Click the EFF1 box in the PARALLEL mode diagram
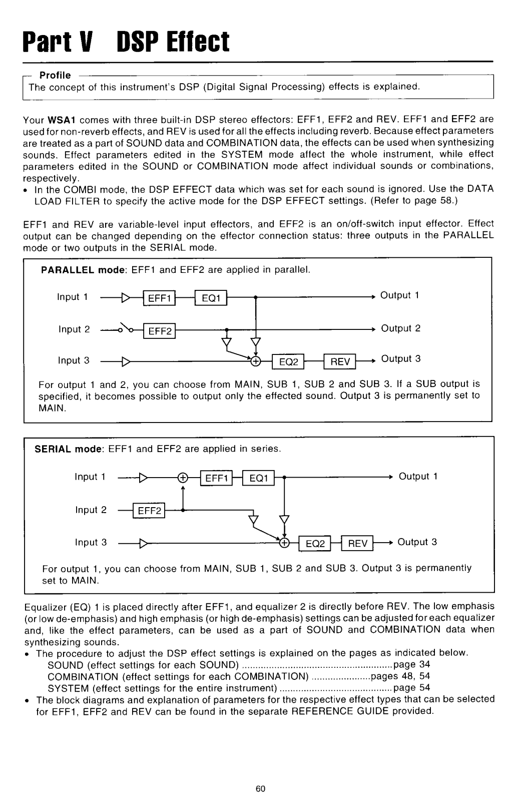(x=160, y=299)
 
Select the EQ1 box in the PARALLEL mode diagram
(x=211, y=299)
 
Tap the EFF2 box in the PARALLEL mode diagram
(x=160, y=331)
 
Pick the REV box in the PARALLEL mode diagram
(x=340, y=361)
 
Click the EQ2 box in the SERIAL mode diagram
(x=315, y=544)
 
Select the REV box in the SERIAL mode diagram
(x=357, y=544)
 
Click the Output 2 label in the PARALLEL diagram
(x=401, y=328)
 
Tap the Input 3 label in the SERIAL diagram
(x=91, y=542)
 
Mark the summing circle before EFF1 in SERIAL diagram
(x=183, y=478)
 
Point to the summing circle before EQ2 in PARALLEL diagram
(x=256, y=360)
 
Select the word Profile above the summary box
(x=55, y=76)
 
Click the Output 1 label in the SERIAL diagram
(x=418, y=476)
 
